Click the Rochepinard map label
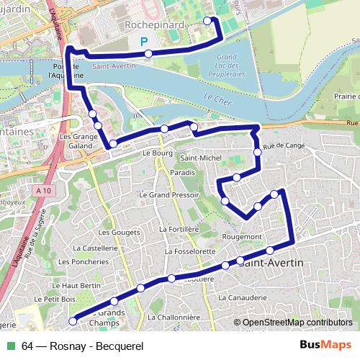154,24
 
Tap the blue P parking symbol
145,42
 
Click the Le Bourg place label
155,153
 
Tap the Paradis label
184,174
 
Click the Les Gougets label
114,233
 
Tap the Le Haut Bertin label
81,286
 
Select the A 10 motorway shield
42,190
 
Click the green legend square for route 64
11,346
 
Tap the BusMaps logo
325,345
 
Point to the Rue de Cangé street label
280,146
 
